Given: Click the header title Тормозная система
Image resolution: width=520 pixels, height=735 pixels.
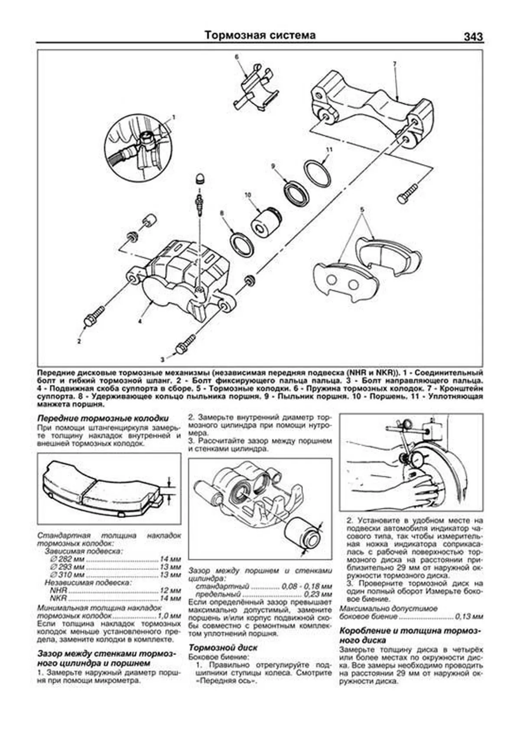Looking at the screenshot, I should click(260, 35).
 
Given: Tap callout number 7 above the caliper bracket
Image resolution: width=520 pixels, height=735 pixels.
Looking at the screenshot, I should click(394, 64).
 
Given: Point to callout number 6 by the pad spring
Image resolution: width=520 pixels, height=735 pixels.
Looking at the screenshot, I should click(237, 57).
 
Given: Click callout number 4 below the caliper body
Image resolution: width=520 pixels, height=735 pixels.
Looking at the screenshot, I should click(140, 321).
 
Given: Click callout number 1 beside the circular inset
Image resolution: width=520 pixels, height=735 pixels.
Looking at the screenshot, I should click(173, 117).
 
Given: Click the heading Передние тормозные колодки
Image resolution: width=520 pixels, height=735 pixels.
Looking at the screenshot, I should click(103, 418).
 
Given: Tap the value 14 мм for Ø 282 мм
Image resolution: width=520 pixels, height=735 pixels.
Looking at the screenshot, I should click(170, 559).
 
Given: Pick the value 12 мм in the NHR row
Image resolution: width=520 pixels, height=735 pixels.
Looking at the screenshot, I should click(170, 590).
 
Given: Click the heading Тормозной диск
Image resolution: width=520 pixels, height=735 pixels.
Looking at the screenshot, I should click(223, 648).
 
